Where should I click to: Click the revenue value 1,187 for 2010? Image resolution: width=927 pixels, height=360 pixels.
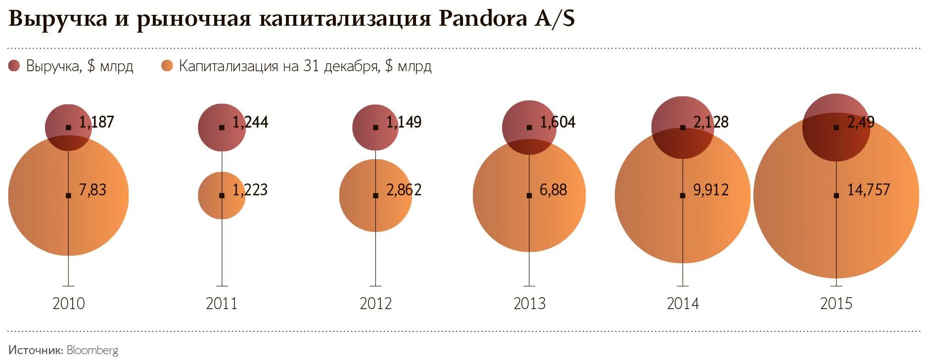(96, 122)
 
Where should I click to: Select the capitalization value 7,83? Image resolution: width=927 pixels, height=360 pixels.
(93, 190)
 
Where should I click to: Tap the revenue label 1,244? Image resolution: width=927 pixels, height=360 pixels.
(250, 122)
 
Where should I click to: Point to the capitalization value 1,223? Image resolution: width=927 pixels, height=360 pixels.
(250, 190)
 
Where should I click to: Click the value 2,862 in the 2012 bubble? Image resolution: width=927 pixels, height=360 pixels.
(404, 190)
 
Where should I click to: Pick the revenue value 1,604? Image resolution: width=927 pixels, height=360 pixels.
(557, 122)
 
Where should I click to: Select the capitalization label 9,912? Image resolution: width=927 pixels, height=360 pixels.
(711, 190)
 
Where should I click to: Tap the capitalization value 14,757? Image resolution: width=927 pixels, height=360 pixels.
(868, 190)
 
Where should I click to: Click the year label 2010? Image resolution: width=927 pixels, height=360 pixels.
(69, 303)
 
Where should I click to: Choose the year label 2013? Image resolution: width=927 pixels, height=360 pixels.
(529, 303)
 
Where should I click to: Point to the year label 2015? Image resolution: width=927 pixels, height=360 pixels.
(836, 303)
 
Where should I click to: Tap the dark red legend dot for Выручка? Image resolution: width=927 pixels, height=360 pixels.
(14, 66)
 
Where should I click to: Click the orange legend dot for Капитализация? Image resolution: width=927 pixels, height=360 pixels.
(167, 66)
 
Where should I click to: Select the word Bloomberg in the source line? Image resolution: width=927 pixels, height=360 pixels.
(93, 350)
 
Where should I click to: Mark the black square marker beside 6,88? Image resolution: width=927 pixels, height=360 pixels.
(529, 196)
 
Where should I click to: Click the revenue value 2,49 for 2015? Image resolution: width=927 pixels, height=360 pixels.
(861, 122)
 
